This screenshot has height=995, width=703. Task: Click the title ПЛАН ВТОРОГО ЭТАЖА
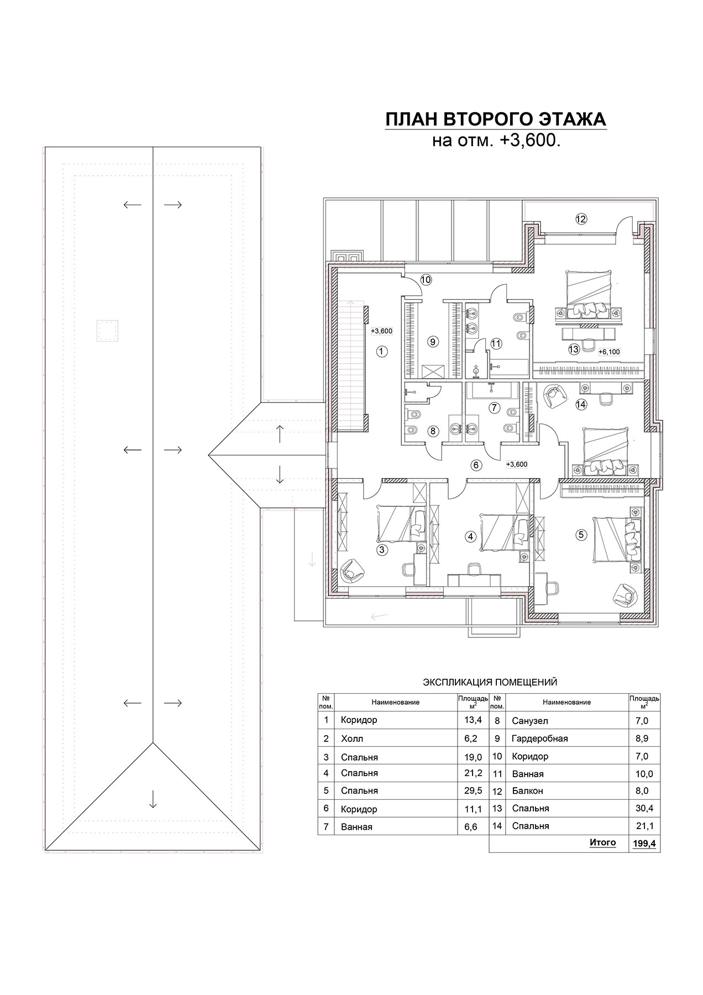pos(496,119)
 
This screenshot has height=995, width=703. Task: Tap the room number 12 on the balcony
pos(580,219)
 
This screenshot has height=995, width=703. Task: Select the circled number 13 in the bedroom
pos(574,349)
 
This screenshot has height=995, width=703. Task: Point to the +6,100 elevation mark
pos(609,352)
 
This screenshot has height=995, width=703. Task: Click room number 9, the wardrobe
pos(433,342)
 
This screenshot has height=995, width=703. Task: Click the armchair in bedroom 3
pos(350,570)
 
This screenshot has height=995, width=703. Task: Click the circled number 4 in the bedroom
pos(470,536)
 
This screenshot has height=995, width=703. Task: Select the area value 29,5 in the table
pos(473,790)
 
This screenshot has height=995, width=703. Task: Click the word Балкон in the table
pos(528,791)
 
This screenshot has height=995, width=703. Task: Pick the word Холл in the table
pos(352,739)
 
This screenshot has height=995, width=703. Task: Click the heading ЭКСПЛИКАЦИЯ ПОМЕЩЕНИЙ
pos(490,683)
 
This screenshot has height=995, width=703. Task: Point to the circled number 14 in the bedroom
pos(580,404)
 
